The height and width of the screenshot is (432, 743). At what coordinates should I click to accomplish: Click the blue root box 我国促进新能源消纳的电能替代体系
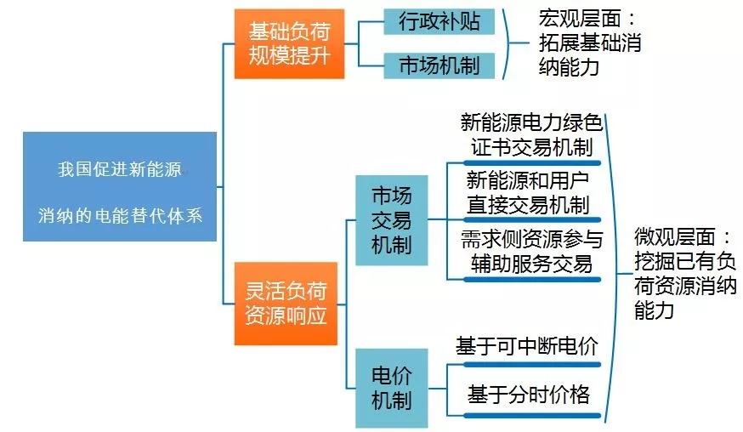pos(120,186)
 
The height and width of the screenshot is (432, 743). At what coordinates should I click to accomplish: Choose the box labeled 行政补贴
pos(439,21)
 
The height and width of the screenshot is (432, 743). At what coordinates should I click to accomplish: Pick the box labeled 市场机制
pos(439,65)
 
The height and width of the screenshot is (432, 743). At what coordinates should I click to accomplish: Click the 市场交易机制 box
pos(391,220)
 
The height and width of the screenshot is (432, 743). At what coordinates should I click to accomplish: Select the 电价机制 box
pos(391,388)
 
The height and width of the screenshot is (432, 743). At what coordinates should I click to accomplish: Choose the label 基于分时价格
pos(528,395)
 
